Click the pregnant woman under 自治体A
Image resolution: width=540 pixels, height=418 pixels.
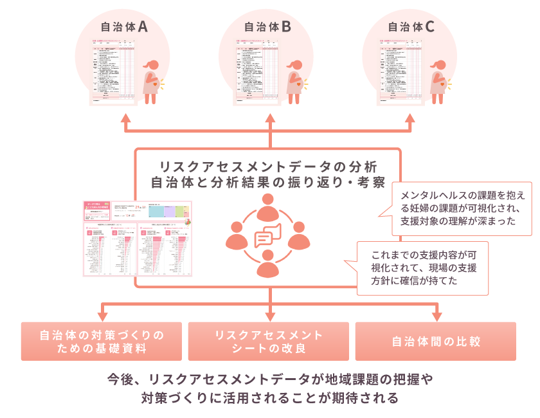152,80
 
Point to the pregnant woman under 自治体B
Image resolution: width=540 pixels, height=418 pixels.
296,80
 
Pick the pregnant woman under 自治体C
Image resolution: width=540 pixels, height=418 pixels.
440,80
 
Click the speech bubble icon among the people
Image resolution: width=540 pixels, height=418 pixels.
269,237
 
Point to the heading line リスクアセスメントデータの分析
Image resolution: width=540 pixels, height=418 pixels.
267,167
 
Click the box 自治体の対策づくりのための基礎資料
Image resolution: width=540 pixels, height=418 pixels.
102,341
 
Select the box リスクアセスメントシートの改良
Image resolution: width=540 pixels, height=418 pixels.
269,341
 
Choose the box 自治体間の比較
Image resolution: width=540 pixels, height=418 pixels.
436,341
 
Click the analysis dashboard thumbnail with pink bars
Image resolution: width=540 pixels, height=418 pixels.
138,239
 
